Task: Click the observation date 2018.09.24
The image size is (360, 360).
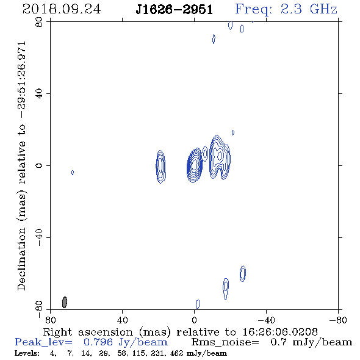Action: tap(62, 9)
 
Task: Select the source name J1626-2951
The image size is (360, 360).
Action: tap(174, 10)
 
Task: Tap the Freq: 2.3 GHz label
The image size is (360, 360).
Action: tap(286, 10)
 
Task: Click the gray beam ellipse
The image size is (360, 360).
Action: tap(65, 302)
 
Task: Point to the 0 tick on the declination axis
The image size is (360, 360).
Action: tap(39, 165)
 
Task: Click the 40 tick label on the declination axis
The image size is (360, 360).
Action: tap(39, 94)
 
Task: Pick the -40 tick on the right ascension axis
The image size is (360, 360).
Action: tap(266, 320)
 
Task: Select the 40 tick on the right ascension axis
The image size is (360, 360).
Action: tap(122, 320)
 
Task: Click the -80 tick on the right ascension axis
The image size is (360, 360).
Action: tap(338, 320)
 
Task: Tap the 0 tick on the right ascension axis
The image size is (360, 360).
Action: tap(194, 320)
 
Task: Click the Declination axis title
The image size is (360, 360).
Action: tap(21, 166)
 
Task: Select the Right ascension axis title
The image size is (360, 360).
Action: tap(181, 333)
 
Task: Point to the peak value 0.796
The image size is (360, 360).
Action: tap(98, 342)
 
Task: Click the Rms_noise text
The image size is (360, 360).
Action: tap(225, 342)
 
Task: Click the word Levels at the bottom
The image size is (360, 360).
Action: tap(27, 353)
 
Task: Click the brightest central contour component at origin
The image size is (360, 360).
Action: tap(195, 165)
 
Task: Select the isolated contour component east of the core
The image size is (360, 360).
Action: tap(160, 167)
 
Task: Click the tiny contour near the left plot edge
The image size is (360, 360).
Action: tap(73, 173)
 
